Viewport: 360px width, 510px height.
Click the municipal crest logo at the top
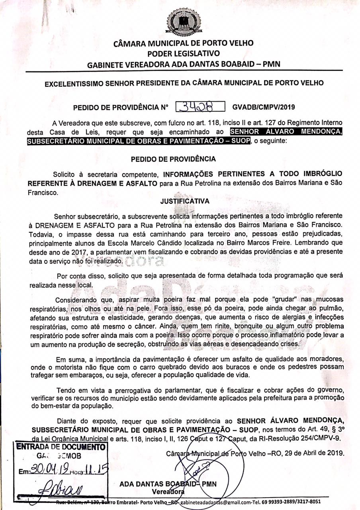(184, 22)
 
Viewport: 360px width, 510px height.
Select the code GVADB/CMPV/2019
(263, 107)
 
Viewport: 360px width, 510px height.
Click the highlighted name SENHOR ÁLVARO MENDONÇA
(286, 132)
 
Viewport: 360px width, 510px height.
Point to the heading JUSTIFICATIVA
(185, 201)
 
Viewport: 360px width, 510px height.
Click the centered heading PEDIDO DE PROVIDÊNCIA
(173, 159)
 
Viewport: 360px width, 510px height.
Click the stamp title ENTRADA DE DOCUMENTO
(61, 447)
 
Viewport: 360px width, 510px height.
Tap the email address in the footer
(225, 502)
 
